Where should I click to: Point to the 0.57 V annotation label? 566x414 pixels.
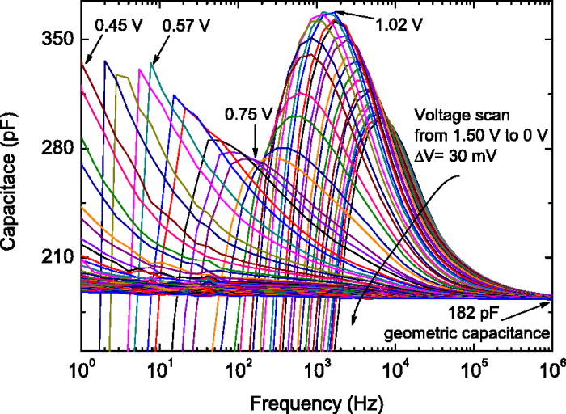click(x=186, y=25)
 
